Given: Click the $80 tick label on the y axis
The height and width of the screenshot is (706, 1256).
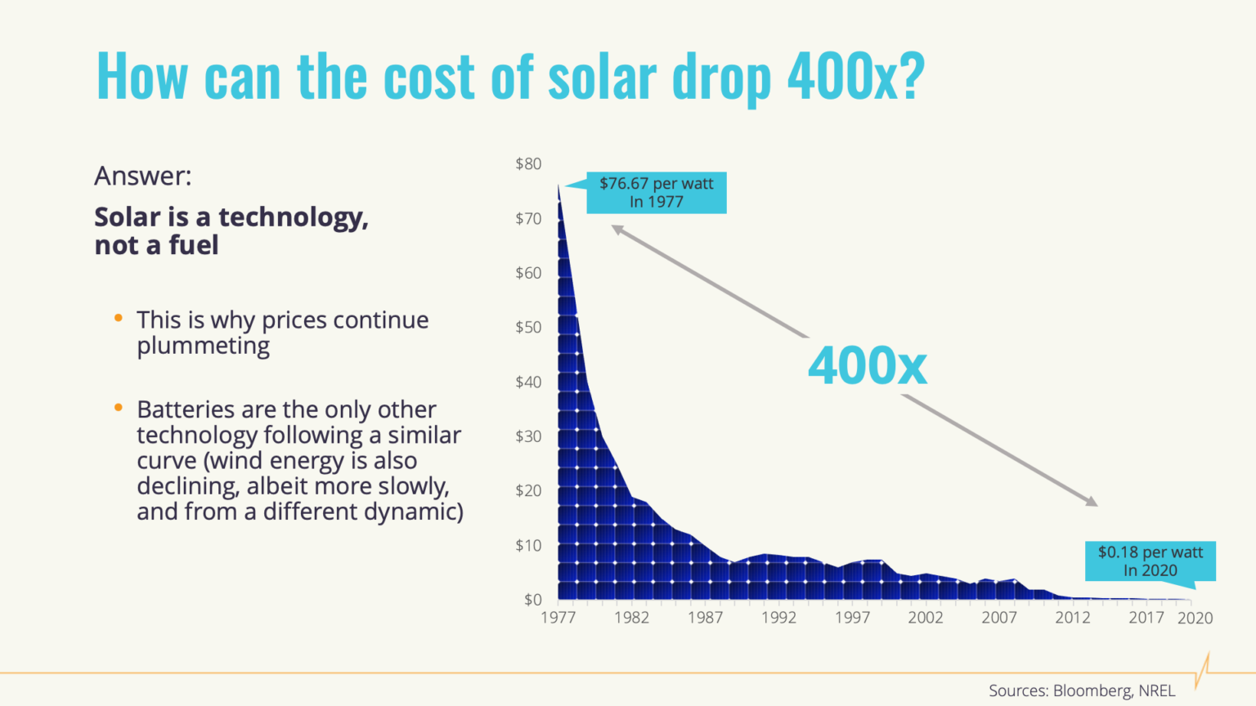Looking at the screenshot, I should point(528,163).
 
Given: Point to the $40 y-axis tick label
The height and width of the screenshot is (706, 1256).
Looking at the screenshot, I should point(528,382).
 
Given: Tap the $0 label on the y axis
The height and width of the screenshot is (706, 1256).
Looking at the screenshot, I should point(532,600).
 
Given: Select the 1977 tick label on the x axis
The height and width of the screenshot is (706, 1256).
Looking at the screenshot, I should point(558,618).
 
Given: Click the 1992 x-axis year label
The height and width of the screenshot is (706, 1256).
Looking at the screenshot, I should point(778,618).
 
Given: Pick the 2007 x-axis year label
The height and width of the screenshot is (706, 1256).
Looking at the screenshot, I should point(999,618).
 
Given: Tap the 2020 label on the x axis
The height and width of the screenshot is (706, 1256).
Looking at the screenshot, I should point(1195,618).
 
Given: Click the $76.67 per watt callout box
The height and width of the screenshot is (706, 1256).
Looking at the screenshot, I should point(656,193).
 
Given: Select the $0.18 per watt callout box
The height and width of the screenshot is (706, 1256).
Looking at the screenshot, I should point(1150,561).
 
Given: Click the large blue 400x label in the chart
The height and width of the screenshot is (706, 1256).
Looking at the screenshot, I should point(868,366).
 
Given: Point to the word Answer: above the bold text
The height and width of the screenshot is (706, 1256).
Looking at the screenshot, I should point(143,176).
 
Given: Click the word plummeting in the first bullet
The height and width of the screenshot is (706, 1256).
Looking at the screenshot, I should point(203,346).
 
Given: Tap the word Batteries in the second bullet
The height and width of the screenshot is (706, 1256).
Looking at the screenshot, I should point(183,409).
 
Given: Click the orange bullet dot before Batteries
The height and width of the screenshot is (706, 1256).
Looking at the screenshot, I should point(119,407).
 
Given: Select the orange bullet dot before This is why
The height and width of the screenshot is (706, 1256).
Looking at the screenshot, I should point(119,318).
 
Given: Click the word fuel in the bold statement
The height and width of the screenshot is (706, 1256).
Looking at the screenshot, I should point(194,245).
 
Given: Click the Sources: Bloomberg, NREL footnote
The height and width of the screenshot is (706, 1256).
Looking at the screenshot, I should point(1081,690).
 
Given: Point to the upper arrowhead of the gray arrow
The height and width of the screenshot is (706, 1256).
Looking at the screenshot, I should point(617,230).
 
